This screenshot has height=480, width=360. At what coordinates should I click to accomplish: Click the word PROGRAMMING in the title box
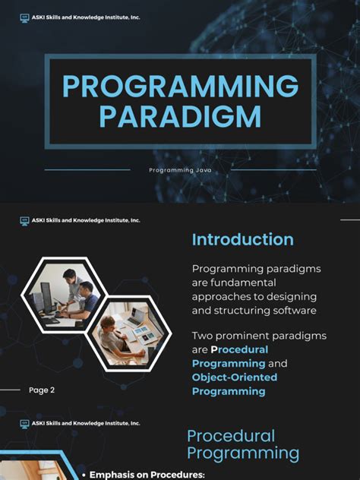180,87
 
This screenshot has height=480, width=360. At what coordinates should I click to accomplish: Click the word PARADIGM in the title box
180,116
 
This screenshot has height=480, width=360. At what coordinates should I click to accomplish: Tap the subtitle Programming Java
180,170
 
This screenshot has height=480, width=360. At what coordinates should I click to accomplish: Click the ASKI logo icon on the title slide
24,17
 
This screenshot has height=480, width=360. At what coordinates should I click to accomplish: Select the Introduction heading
242,240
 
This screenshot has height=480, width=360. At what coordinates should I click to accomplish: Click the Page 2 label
42,390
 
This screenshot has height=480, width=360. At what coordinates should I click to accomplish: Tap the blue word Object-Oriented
235,377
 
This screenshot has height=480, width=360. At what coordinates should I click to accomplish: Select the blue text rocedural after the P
244,349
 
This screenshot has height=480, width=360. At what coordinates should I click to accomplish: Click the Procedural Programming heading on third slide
243,444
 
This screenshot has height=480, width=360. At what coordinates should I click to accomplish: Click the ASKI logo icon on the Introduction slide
24,220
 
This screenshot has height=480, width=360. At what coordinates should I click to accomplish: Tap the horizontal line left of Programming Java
87,170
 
